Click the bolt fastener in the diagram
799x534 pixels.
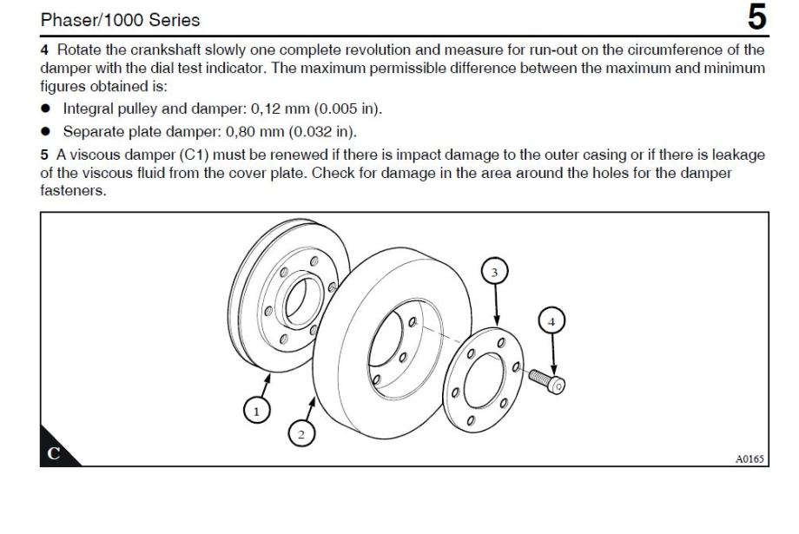click(x=545, y=379)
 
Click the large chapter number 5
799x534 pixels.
click(x=757, y=17)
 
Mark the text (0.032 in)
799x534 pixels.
click(x=320, y=131)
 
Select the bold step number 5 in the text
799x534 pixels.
click(x=43, y=155)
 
